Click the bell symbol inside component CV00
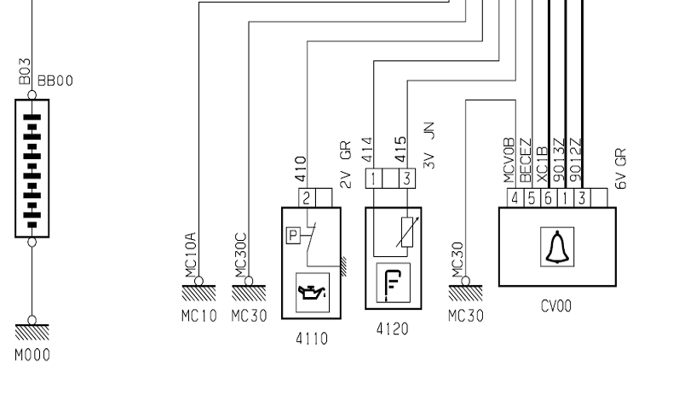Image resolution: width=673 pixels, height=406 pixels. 557,247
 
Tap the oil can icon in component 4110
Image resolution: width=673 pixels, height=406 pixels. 312,293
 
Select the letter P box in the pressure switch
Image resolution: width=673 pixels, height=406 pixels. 293,236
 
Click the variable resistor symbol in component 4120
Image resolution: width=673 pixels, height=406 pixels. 407,232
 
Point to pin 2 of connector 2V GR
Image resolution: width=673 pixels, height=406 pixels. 307,198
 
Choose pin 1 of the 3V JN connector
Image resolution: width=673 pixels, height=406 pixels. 373,179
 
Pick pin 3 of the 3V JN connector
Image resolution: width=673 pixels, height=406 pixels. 407,179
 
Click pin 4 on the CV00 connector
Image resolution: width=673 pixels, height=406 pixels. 515,198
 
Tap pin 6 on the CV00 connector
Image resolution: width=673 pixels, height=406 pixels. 549,198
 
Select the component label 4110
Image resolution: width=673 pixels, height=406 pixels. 312,339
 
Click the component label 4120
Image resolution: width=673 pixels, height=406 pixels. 392,329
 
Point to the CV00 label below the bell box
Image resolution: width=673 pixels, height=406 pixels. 556,306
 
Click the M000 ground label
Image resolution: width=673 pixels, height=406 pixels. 32,355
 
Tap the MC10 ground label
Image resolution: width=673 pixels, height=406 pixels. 198,316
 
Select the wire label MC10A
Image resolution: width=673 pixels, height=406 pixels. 190,255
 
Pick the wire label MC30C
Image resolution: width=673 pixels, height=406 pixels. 240,255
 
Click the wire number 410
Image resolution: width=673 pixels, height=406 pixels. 301,169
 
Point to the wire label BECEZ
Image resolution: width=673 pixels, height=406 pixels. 526,160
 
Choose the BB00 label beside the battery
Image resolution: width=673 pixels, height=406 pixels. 55,81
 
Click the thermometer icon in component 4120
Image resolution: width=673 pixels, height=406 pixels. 394,283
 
